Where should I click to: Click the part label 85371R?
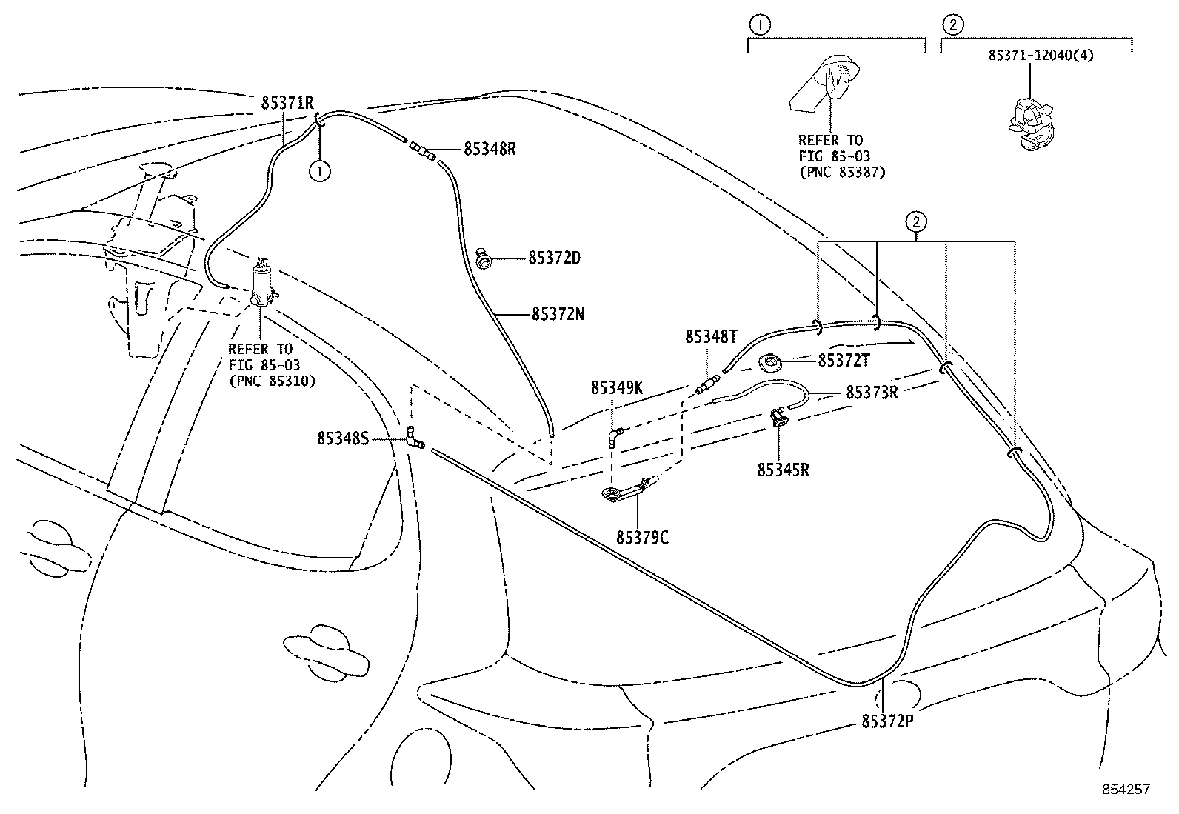(x=287, y=103)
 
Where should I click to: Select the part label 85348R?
(x=490, y=149)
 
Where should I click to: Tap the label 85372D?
(x=554, y=258)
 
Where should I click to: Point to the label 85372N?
(x=558, y=314)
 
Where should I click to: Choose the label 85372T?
(x=844, y=361)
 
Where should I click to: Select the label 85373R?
(x=872, y=393)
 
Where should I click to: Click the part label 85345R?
(x=783, y=470)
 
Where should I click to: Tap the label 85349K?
(x=616, y=388)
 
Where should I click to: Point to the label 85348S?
(x=343, y=438)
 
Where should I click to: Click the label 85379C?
(x=642, y=538)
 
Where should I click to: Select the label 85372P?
(x=887, y=721)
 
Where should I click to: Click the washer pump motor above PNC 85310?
(x=261, y=282)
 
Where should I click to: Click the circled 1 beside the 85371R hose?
(x=319, y=171)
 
